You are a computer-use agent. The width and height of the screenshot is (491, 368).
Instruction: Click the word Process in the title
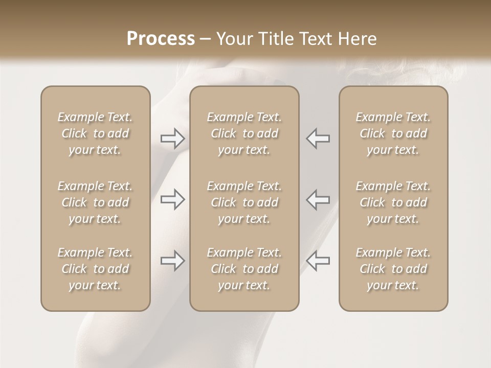(161, 39)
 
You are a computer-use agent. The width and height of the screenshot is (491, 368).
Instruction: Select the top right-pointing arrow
(172, 139)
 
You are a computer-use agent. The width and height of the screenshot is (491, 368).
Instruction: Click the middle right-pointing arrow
(172, 199)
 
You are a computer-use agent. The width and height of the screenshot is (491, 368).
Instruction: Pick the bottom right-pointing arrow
(172, 261)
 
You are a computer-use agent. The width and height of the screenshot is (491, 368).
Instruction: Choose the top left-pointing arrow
(318, 139)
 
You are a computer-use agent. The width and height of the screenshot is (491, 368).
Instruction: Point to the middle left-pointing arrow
(318, 199)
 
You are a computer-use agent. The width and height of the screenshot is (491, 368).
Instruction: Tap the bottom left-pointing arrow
(318, 261)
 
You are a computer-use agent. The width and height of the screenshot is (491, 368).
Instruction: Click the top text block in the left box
(95, 133)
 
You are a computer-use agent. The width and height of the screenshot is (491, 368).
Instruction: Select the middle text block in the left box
(95, 202)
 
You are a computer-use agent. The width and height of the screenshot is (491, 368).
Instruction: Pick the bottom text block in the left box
(95, 269)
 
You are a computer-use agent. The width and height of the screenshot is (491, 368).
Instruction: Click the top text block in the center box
(244, 133)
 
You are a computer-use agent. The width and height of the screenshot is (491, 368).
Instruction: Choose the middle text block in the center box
(244, 202)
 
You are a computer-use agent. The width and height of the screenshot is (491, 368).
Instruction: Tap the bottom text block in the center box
(244, 269)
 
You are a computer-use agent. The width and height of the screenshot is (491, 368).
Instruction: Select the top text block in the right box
(393, 133)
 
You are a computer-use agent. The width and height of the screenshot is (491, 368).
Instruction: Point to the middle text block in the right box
(393, 202)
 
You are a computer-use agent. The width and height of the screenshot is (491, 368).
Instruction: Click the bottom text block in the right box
(393, 269)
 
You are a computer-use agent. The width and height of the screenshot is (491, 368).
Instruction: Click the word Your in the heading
(235, 39)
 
